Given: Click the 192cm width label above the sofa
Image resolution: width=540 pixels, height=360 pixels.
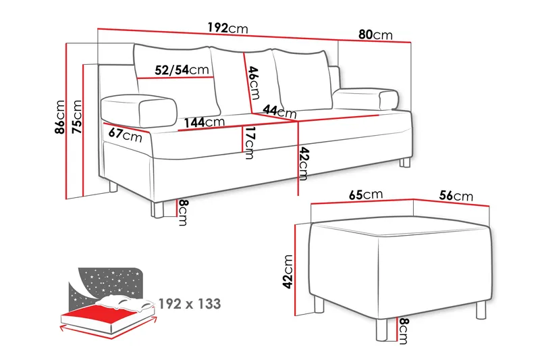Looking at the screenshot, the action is [227, 28].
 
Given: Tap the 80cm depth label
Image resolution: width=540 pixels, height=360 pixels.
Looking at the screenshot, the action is [375, 35].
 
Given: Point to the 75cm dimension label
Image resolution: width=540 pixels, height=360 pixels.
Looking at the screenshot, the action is [76, 117].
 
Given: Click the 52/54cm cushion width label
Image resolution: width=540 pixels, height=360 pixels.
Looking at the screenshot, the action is [182, 70].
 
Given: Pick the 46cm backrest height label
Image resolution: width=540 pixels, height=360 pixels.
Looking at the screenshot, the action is [254, 82].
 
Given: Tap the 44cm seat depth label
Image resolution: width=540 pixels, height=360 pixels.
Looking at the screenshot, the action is [279, 111].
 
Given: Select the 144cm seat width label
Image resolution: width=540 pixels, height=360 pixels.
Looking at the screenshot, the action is [205, 122].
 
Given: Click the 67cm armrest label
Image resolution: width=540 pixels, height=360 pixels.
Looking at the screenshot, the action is [125, 134].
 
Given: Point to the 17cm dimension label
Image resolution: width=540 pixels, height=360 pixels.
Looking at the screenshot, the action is [249, 143].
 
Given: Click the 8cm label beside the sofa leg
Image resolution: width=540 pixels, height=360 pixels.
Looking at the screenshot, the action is [183, 213].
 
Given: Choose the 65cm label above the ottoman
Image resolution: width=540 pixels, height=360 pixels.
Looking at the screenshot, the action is [366, 195].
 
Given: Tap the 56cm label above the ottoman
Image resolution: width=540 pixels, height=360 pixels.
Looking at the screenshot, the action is [456, 196].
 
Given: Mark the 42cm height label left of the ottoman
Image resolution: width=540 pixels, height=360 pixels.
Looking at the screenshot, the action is [288, 272].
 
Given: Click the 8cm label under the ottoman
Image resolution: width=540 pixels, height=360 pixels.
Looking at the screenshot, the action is [403, 331].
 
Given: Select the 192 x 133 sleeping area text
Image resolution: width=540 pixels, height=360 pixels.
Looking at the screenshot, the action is [190, 304].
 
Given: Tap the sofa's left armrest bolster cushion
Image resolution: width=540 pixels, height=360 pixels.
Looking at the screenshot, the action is [139, 110].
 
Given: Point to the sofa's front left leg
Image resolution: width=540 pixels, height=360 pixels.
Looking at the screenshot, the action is [157, 210].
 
